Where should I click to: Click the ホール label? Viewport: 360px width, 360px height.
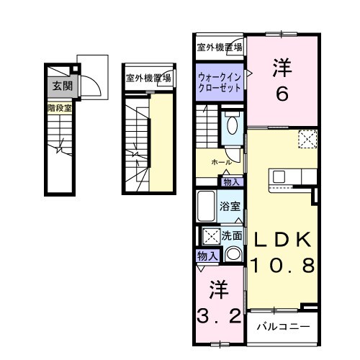click(221, 163)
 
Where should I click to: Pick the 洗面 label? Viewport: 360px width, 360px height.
click(232, 235)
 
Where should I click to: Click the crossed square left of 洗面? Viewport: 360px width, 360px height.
click(210, 235)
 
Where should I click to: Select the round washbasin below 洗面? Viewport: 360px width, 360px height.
click(233, 253)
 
